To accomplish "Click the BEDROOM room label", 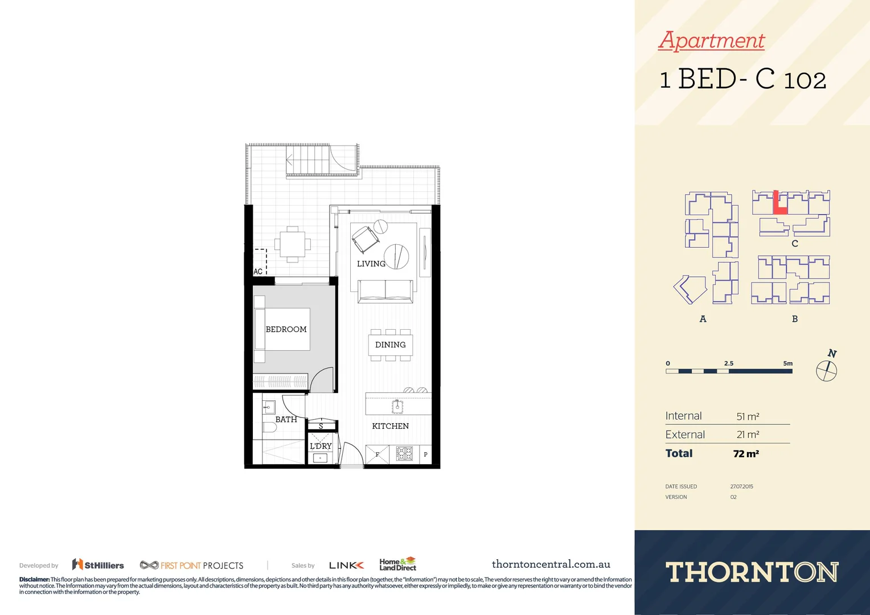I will (x=286, y=329).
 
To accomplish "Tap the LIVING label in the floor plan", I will (x=371, y=264).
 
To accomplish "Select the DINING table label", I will (x=390, y=345).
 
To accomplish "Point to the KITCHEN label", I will (x=390, y=426).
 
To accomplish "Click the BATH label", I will (x=286, y=419).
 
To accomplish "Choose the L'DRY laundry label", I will (x=321, y=446).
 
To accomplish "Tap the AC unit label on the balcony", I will (x=258, y=272).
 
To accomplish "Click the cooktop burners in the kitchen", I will (x=404, y=454).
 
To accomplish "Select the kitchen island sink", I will (x=397, y=407).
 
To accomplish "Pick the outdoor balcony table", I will (x=292, y=244).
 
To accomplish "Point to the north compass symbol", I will (x=826, y=371).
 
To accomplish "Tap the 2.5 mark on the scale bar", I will (x=729, y=363).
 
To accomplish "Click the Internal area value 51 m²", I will (x=748, y=416).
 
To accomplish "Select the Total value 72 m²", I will (x=746, y=454).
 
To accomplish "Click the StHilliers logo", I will (x=98, y=565).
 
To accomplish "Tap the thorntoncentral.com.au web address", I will (x=551, y=564).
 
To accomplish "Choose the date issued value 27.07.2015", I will (x=741, y=486).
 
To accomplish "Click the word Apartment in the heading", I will (x=711, y=40).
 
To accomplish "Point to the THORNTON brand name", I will (x=752, y=572).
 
